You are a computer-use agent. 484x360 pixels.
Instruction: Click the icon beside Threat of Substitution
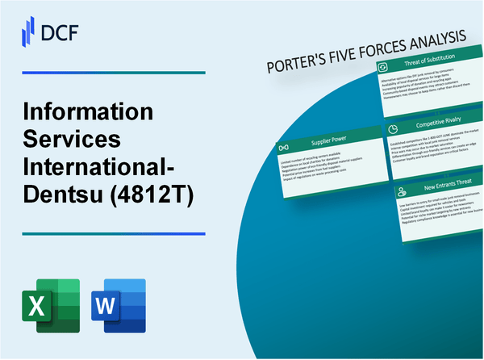pyautogui.click(x=383, y=66)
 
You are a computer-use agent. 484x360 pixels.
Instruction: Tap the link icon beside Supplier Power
pyautogui.click(x=282, y=148)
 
